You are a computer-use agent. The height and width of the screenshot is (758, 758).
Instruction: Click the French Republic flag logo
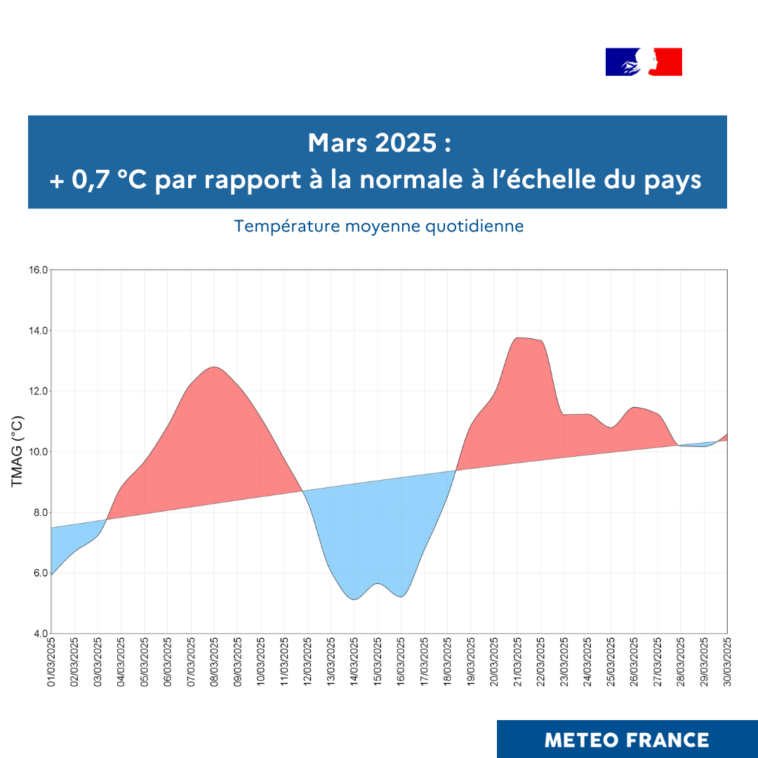pyautogui.click(x=644, y=62)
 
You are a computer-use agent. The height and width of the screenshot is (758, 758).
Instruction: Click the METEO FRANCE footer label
pyautogui.click(x=627, y=740)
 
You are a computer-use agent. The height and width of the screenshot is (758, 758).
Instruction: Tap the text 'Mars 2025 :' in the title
pyautogui.click(x=378, y=144)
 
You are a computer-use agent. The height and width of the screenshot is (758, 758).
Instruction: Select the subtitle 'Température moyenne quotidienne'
pyautogui.click(x=379, y=227)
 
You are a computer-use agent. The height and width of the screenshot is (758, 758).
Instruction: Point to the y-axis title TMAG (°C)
pyautogui.click(x=18, y=451)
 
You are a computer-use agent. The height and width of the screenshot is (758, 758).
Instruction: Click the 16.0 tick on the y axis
pyautogui.click(x=39, y=270)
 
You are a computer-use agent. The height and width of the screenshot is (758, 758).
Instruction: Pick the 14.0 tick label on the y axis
pyautogui.click(x=39, y=331)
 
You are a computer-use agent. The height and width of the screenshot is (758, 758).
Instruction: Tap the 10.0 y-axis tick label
pyautogui.click(x=39, y=452)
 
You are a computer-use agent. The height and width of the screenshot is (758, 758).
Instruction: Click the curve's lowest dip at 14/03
pyautogui.click(x=354, y=599)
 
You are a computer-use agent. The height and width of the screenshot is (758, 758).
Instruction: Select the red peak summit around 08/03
pyautogui.click(x=214, y=367)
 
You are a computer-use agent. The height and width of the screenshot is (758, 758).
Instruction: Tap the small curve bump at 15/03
pyautogui.click(x=378, y=583)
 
